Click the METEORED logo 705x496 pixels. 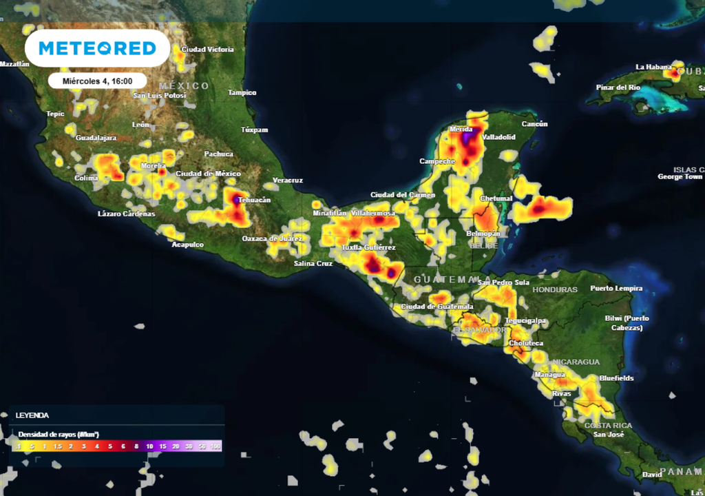[96, 48]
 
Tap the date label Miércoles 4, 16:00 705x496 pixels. [97, 81]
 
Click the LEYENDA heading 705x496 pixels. [32, 415]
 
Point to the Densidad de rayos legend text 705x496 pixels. [59, 434]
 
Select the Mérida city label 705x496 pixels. [461, 130]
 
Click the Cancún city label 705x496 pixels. [534, 124]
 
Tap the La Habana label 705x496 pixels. [653, 67]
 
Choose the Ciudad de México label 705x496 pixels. [208, 174]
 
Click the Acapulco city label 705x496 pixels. [187, 245]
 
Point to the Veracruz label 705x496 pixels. [288, 180]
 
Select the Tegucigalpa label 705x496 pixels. [525, 320]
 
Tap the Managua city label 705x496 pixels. [549, 375]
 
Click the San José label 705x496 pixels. [609, 435]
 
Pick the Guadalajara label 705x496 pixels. [96, 138]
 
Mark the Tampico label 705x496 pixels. [242, 92]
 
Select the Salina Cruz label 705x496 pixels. [313, 264]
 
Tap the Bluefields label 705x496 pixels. [616, 378]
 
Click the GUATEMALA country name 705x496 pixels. [443, 279]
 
